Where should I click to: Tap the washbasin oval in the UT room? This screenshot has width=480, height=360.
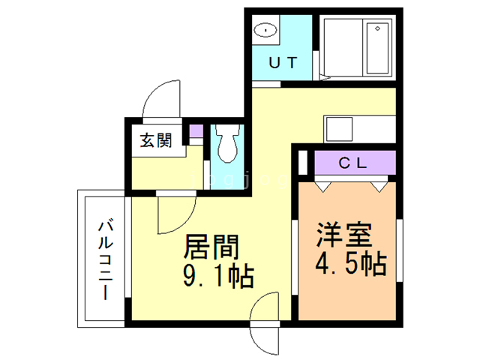point(265,31)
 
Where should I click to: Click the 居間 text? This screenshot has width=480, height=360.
point(211,247)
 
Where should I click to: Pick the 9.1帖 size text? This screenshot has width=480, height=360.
point(217,277)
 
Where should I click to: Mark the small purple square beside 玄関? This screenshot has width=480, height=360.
point(196,133)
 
